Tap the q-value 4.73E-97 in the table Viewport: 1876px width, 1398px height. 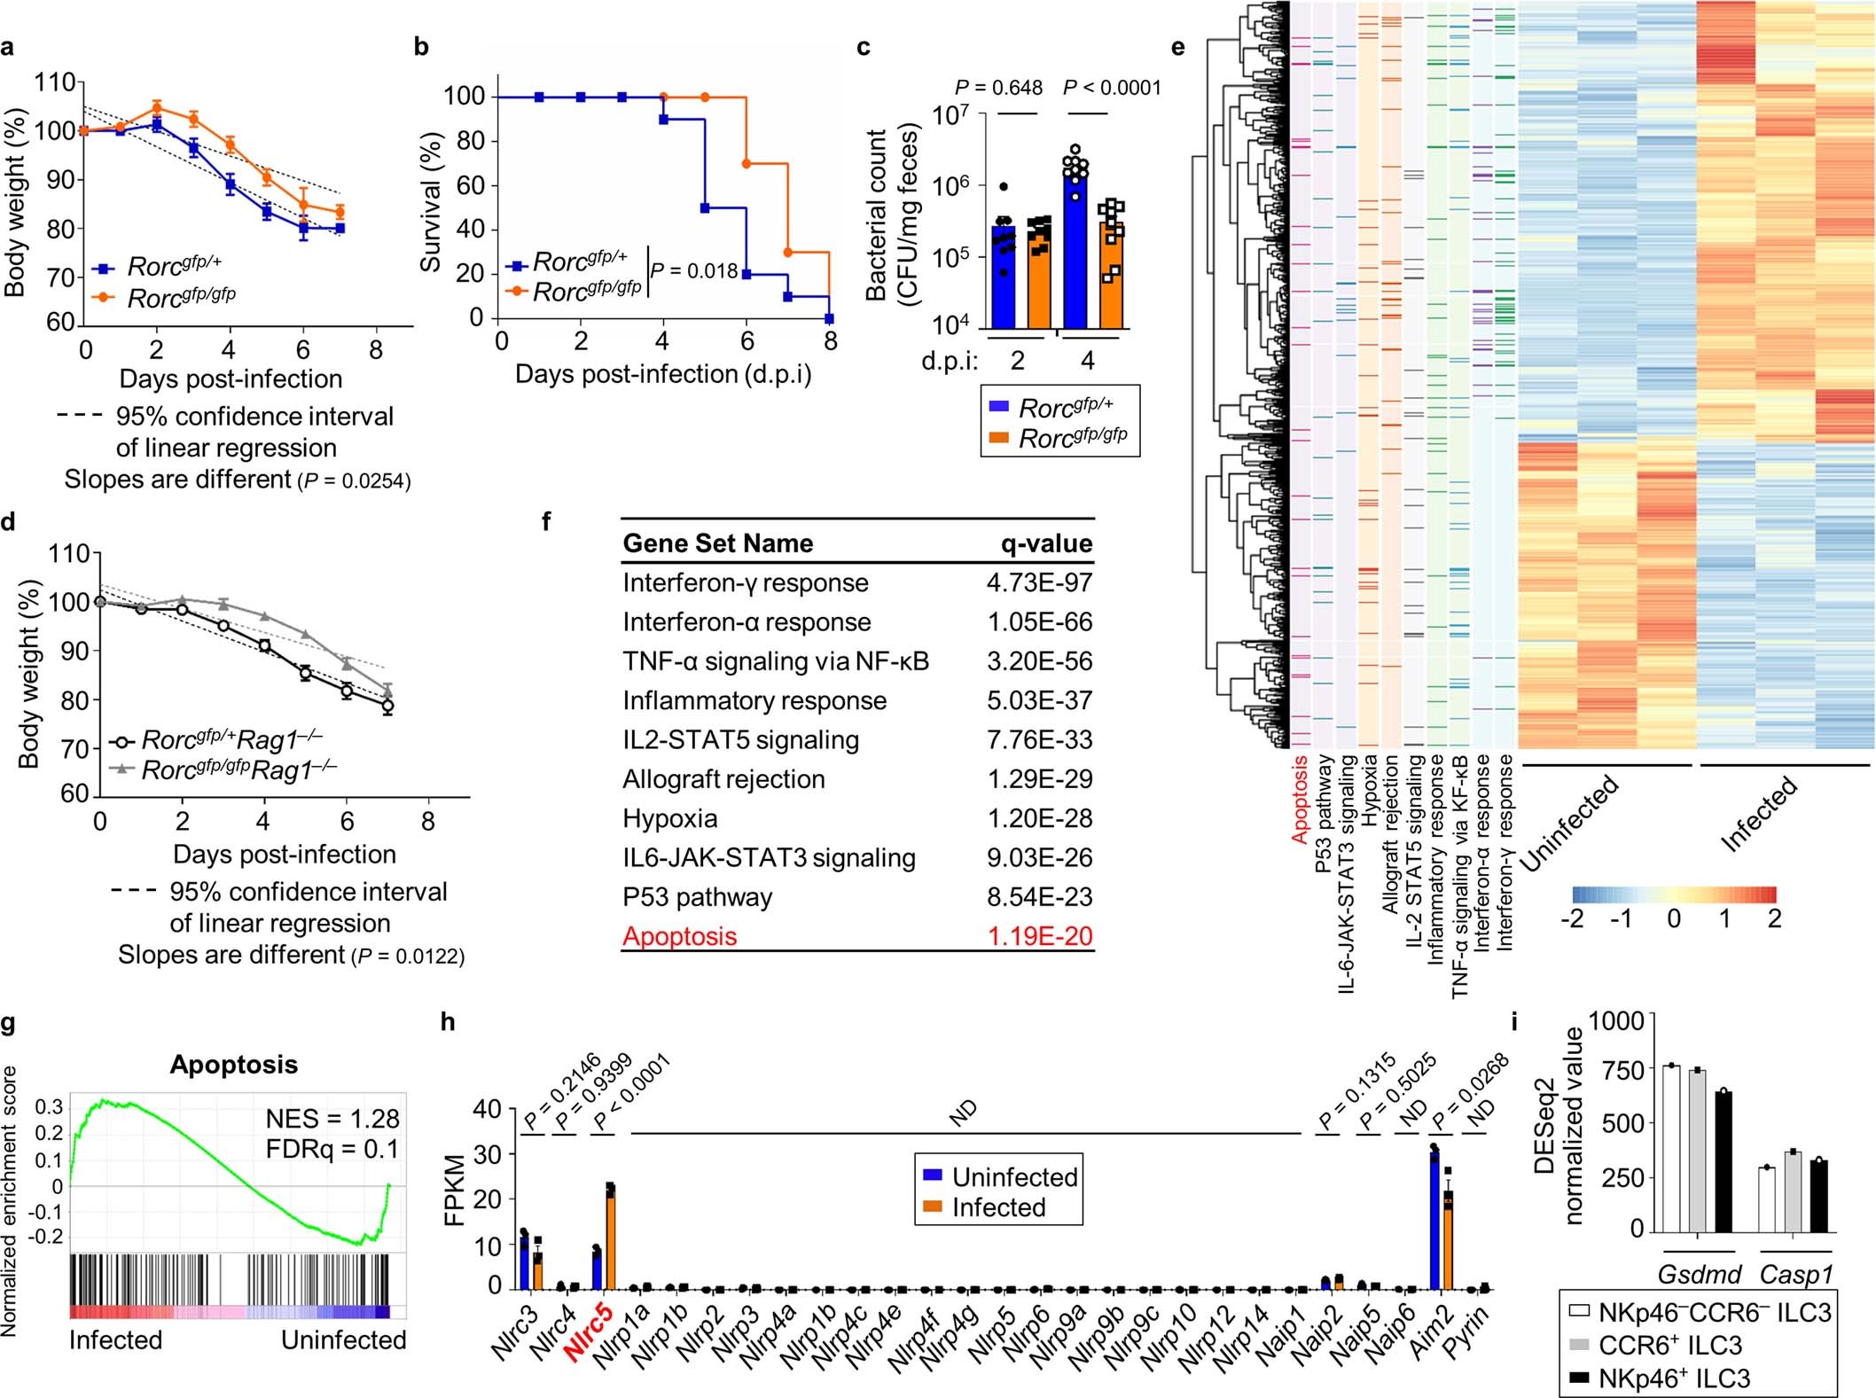coord(1039,583)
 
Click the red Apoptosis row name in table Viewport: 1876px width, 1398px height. coord(679,936)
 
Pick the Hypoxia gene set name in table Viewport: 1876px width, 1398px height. coord(669,818)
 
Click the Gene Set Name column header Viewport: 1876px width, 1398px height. coord(717,543)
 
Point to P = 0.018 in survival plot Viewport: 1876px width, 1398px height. coord(694,271)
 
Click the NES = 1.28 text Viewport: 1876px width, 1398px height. coord(332,1119)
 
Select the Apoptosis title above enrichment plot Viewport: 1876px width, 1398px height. coord(233,1065)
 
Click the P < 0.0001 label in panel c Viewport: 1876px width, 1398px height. coord(1111,88)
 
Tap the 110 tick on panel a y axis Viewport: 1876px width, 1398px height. coord(55,83)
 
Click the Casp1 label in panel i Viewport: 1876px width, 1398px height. coord(1795,1275)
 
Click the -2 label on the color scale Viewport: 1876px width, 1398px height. coord(1572,918)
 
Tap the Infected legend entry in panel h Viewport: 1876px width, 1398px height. coord(997,1207)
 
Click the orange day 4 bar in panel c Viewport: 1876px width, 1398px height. coord(1111,275)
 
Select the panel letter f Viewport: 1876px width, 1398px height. coord(545,522)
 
